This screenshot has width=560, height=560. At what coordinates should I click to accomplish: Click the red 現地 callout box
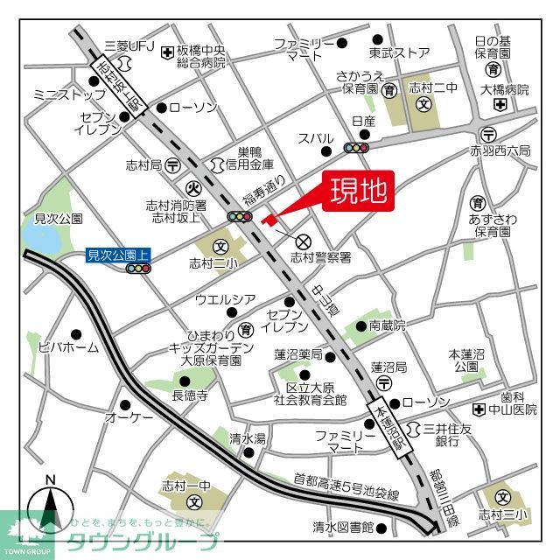359,192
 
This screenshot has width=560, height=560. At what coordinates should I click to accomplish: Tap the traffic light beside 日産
356,149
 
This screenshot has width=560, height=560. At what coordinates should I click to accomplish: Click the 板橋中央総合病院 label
200,57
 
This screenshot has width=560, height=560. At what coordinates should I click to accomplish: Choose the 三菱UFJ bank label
129,45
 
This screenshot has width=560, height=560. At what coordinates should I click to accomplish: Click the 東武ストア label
399,52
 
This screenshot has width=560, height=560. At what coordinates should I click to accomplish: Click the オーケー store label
129,418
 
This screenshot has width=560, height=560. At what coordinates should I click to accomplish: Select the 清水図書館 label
343,528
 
